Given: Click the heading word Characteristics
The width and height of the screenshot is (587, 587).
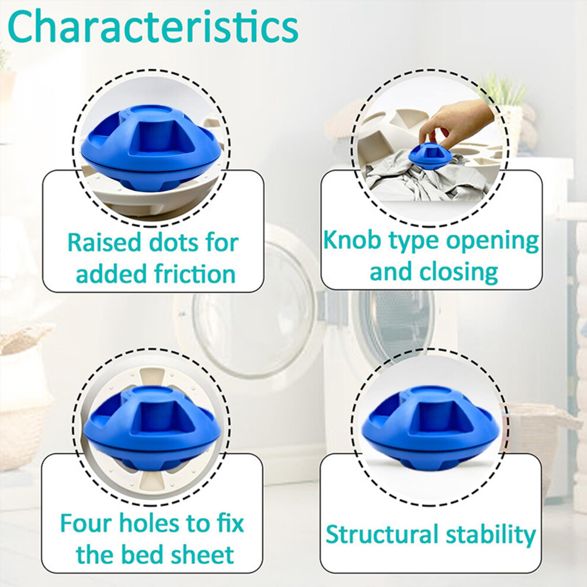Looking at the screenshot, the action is [153, 27].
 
